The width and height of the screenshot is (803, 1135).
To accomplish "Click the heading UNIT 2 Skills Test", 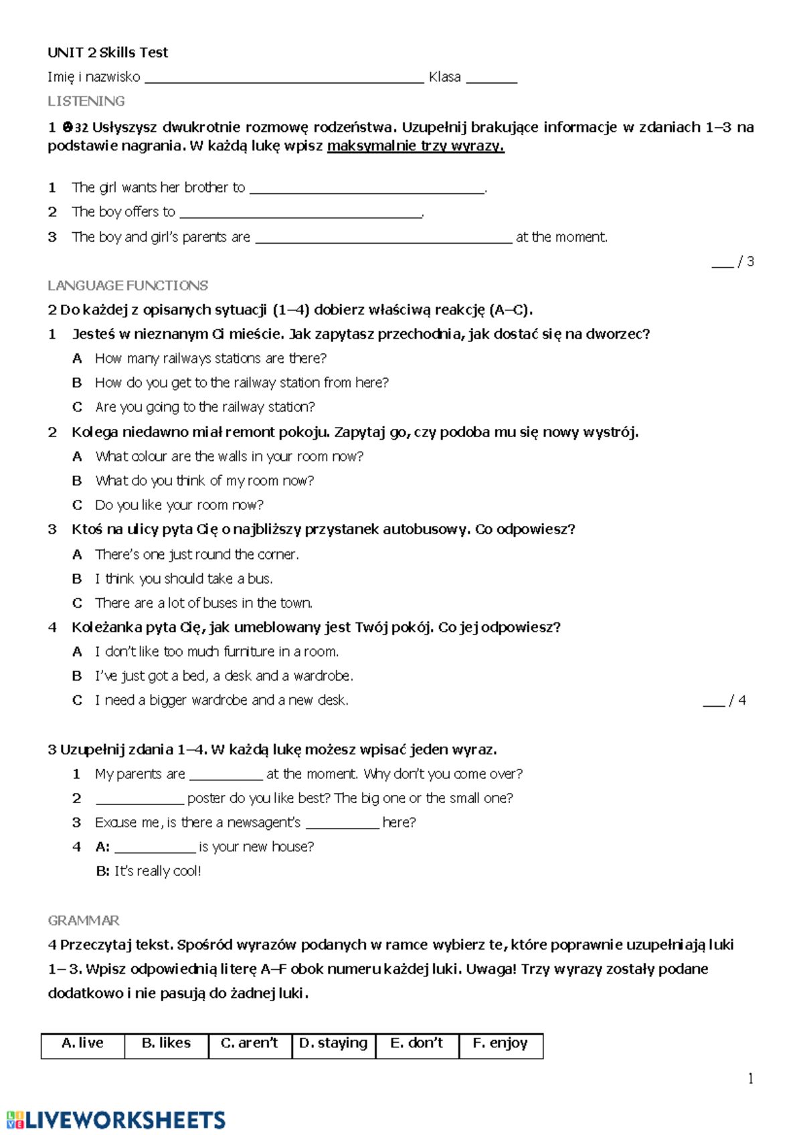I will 108,52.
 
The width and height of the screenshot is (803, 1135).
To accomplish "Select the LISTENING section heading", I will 86,101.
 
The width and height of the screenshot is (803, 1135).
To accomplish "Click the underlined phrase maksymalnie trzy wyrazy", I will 416,146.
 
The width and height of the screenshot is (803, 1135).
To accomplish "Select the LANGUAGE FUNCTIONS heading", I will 128,286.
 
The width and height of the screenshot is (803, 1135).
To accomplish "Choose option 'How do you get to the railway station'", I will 242,383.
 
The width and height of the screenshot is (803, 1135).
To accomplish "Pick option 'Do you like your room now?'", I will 179,505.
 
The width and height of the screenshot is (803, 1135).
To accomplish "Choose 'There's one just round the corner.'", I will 197,555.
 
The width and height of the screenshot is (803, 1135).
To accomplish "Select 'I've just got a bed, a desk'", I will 224,676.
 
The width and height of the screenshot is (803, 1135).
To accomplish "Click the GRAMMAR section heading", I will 84,921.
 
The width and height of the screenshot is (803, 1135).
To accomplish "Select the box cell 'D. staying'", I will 333,1045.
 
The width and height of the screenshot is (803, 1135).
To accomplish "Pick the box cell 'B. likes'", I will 166,1045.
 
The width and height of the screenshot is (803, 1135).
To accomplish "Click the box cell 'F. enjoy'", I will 501,1045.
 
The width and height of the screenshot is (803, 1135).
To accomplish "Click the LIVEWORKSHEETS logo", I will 116,1120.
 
